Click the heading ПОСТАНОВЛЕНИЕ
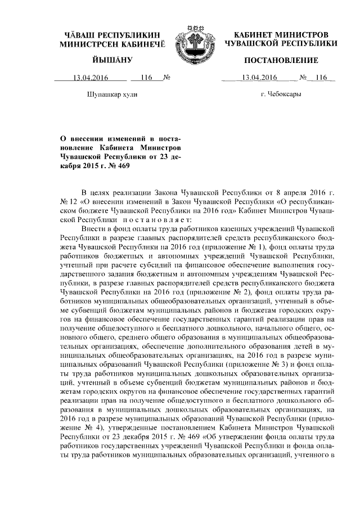281,60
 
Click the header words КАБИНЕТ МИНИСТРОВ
281,34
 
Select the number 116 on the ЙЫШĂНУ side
147,78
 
